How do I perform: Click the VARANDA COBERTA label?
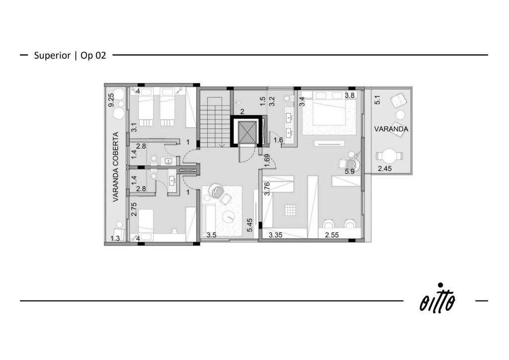[x=116, y=167]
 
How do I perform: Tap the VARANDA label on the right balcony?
[x=391, y=129]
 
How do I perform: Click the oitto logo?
[x=438, y=298]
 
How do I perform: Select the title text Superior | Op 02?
[x=70, y=55]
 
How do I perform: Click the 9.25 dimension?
[x=111, y=100]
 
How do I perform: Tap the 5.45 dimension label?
[x=250, y=225]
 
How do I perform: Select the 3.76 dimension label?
[x=267, y=188]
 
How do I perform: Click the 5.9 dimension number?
[x=349, y=172]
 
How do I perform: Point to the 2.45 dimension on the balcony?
[x=385, y=169]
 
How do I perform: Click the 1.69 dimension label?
[x=267, y=161]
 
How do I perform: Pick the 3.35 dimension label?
[x=275, y=235]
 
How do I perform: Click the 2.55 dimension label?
[x=332, y=235]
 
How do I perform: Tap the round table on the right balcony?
[x=389, y=156]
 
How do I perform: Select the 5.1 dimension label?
[x=377, y=99]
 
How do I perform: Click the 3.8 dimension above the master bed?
[x=349, y=95]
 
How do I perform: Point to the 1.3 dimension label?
[x=115, y=238]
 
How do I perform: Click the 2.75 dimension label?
[x=134, y=209]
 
